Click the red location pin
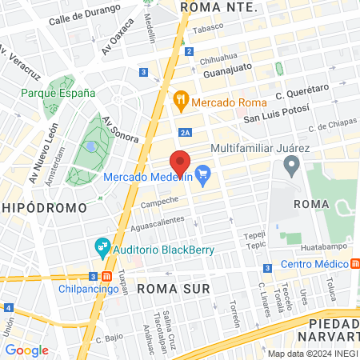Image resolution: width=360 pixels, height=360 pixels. pos(180,163)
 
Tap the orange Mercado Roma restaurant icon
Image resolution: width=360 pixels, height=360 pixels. pos(181,100)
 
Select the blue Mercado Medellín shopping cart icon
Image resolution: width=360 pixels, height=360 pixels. pos(203,174)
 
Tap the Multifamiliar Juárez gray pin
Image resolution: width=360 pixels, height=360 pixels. pos(291,166)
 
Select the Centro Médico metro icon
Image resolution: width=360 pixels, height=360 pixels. pos(355,263)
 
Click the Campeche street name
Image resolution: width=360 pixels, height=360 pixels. pos(159,202)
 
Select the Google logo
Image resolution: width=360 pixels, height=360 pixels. pos(27,350)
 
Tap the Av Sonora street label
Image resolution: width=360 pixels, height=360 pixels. pos(119,129)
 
